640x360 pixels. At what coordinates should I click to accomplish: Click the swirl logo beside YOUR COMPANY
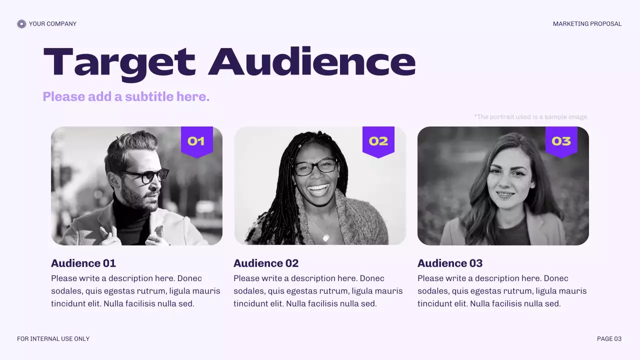[x=21, y=24]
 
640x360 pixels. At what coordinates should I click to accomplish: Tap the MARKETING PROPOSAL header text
[x=587, y=24]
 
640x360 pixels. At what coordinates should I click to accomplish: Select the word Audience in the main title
[x=312, y=62]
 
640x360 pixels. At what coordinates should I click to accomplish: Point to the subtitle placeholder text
[x=126, y=96]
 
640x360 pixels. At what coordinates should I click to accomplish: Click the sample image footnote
[x=530, y=117]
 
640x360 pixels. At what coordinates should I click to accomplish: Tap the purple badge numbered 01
[x=196, y=141]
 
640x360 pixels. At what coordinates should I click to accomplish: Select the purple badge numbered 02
[x=378, y=141]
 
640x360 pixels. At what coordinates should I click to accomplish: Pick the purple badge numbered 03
[x=561, y=141]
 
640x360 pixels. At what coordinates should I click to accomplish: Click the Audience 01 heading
[x=83, y=263]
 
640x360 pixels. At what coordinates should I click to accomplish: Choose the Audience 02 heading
[x=266, y=263]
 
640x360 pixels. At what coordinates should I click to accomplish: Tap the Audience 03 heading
[x=450, y=263]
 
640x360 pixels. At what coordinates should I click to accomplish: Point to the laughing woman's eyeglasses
[x=315, y=166]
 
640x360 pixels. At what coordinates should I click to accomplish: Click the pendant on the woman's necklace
[x=326, y=237]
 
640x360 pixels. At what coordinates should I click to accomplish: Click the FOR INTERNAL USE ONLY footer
[x=53, y=339]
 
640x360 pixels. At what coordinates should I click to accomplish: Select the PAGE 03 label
[x=609, y=339]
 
